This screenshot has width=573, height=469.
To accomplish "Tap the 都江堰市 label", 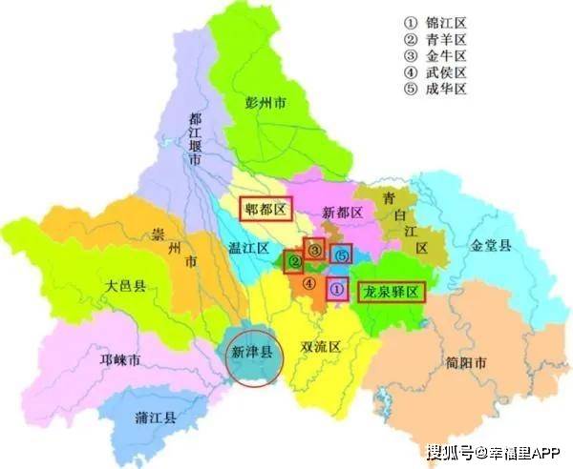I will click(194, 140).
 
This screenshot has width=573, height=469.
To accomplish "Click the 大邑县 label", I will click(126, 286).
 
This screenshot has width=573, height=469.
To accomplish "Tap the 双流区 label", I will click(321, 347).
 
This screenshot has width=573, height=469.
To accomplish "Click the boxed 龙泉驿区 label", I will click(390, 293).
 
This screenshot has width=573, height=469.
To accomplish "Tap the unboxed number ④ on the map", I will click(308, 282).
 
